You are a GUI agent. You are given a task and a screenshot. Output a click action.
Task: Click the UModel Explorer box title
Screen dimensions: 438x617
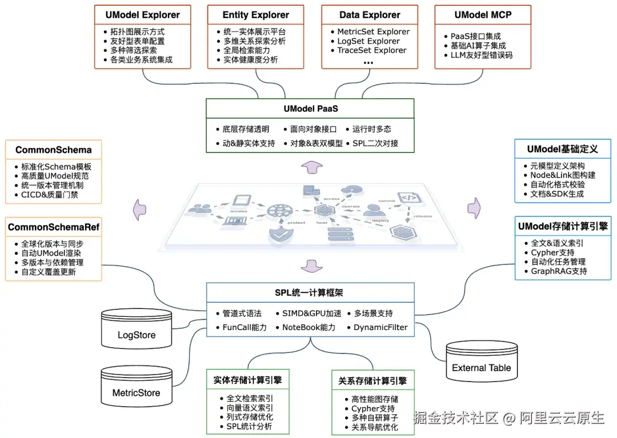point(143,15)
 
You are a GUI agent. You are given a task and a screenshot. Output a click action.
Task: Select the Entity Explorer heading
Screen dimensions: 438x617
point(255,15)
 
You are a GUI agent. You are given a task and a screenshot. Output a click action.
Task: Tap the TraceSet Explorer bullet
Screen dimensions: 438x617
point(371,50)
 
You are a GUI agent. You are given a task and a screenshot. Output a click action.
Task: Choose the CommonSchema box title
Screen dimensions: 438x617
point(53,150)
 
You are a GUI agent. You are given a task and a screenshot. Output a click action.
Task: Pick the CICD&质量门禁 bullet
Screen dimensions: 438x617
point(50,195)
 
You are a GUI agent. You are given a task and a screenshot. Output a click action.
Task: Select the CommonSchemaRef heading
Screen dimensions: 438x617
point(53,227)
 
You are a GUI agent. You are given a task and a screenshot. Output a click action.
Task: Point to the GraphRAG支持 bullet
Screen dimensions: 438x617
point(559,271)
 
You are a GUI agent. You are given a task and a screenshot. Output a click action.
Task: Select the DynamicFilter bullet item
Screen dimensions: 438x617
point(380,327)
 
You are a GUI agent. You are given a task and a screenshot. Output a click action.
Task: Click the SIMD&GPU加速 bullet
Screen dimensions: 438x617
point(311,313)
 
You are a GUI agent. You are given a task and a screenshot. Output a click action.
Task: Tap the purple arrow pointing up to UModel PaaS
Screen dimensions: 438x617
point(311,167)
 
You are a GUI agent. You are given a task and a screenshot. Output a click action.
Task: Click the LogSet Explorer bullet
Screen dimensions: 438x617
point(368,41)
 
